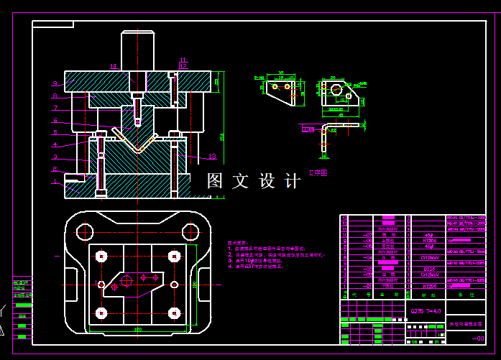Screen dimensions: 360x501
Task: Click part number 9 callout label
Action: (55, 83)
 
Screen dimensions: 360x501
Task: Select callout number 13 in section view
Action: (212, 156)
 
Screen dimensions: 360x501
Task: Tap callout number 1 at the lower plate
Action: (55, 181)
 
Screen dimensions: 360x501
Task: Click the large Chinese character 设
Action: (267, 181)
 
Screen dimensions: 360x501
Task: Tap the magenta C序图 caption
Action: (318, 173)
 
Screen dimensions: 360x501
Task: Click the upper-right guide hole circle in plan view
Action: (190, 231)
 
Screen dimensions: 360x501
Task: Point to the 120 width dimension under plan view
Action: (137, 329)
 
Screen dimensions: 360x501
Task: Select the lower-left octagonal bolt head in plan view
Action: (101, 313)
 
